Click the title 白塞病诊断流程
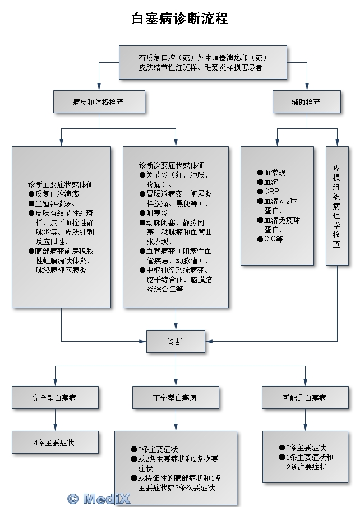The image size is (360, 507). pos(179,18)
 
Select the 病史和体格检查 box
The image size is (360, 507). pos(99,102)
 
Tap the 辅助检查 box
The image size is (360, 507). pos(306,102)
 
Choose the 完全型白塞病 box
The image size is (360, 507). pos(55,398)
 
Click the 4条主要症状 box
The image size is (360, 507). pos(55,443)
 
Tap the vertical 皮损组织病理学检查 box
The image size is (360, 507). pos(336,206)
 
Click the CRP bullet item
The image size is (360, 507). pos(271,191)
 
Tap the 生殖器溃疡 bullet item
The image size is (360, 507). pos(59,203)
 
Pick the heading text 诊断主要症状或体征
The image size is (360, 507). pos(61,184)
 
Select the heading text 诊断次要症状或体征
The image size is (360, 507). pos(172,166)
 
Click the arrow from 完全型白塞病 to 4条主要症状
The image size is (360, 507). pos(55,420)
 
